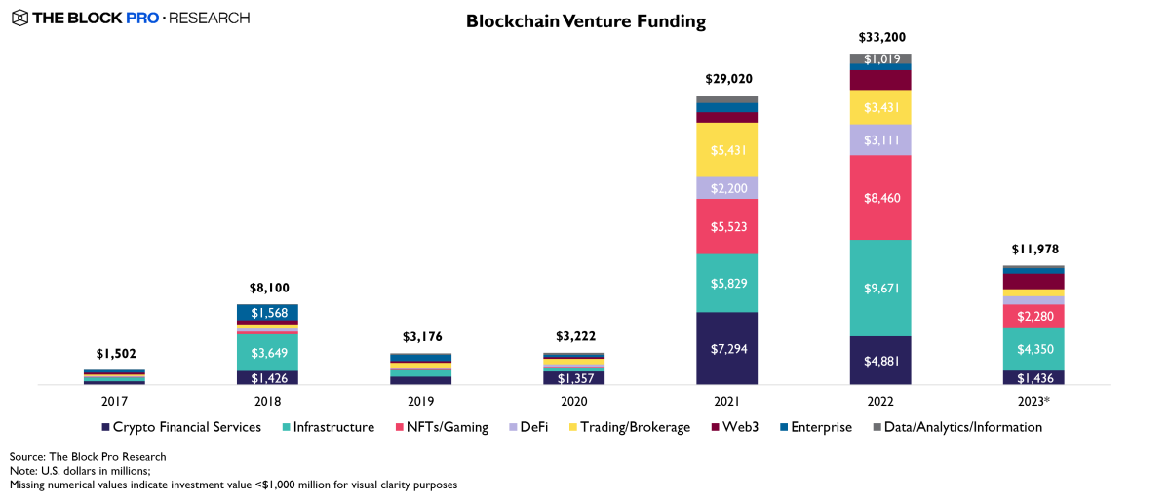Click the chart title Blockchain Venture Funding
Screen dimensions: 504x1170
tap(585, 20)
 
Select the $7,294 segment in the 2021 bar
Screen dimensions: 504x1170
tap(726, 348)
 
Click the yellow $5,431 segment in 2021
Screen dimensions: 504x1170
tap(726, 149)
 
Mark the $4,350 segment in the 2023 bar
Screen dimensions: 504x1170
tap(1033, 348)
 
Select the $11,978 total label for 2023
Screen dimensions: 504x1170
tap(1033, 250)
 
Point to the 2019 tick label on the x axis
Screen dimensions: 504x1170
tap(420, 400)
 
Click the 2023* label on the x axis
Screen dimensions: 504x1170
tap(1033, 400)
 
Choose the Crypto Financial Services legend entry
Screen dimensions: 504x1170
tap(180, 427)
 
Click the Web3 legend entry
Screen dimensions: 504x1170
tap(735, 427)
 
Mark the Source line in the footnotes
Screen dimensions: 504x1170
tap(88, 456)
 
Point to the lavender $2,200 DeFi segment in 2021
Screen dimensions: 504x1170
tap(726, 188)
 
